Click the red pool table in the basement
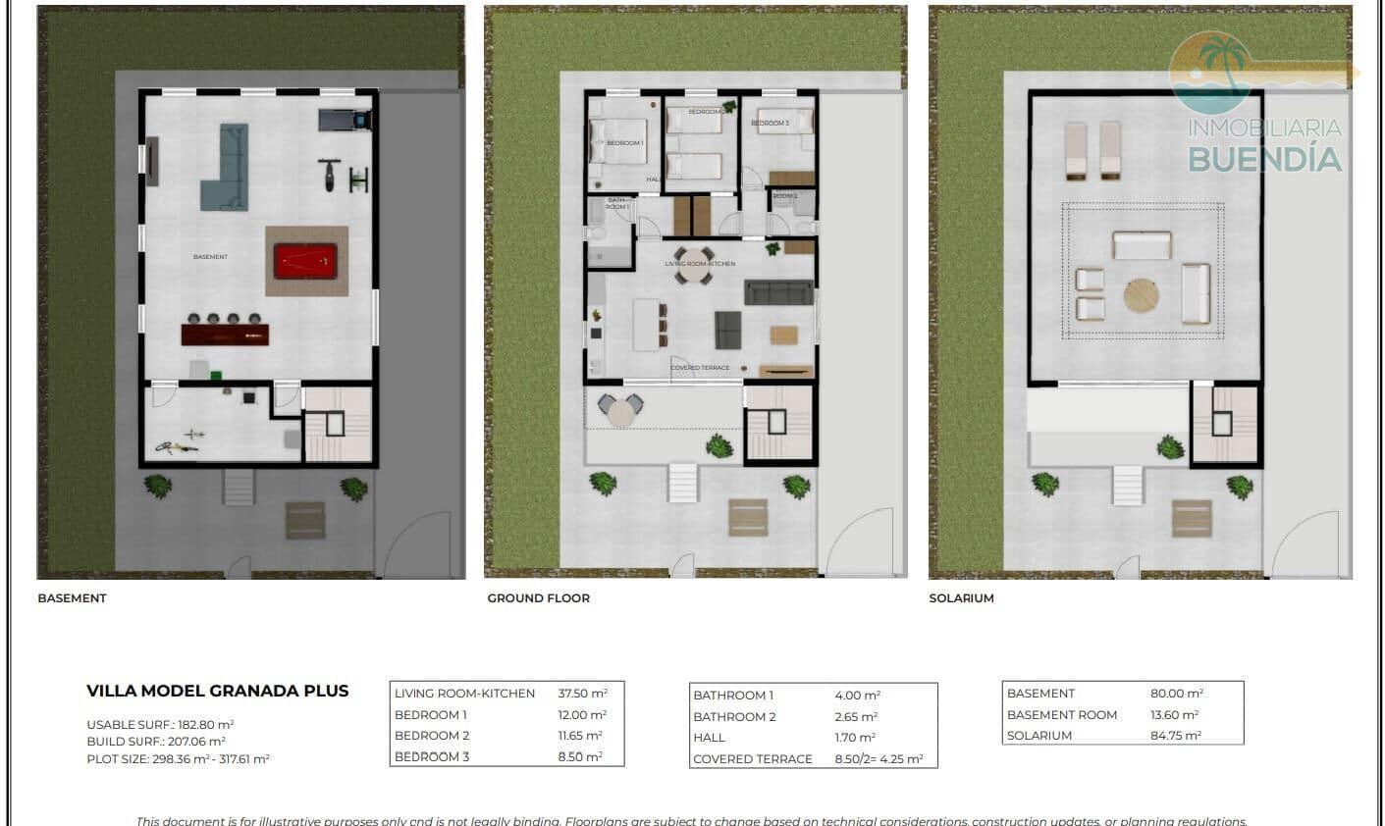click(x=306, y=261)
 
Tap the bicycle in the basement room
click(x=178, y=446)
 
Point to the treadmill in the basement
click(x=345, y=120)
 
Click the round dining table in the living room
click(x=693, y=277)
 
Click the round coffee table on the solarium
click(x=1142, y=295)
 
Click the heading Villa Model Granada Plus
click(x=217, y=691)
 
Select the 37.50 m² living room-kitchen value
click(x=582, y=694)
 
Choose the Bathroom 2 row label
click(x=734, y=717)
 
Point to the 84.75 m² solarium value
click(x=1176, y=736)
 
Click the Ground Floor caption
click(x=538, y=598)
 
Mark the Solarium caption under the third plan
click(x=961, y=598)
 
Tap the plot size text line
click(x=178, y=759)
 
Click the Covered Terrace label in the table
click(x=752, y=759)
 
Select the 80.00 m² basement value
click(x=1176, y=694)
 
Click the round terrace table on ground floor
click(x=620, y=412)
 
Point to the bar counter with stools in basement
click(x=225, y=334)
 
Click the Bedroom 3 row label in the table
click(x=432, y=757)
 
